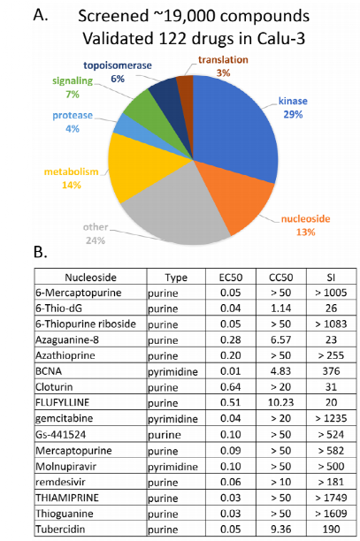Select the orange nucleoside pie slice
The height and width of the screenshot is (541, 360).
pyautogui.click(x=238, y=194)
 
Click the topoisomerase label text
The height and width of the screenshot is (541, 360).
pyautogui.click(x=118, y=65)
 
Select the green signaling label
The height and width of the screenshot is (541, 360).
pyautogui.click(x=73, y=80)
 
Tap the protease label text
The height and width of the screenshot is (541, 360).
pyautogui.click(x=73, y=115)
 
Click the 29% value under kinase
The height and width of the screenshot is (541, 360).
pyautogui.click(x=293, y=114)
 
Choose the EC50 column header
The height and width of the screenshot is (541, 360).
pyautogui.click(x=231, y=278)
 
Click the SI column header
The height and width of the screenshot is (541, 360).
pyautogui.click(x=331, y=278)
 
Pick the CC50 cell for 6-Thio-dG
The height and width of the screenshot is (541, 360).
pyautogui.click(x=280, y=309)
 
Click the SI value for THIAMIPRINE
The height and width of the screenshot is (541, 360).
pyautogui.click(x=331, y=498)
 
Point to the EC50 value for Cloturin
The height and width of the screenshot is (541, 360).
pyautogui.click(x=231, y=387)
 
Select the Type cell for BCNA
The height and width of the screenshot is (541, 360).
pyautogui.click(x=173, y=372)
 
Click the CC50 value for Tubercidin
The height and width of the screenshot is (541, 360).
pyautogui.click(x=280, y=529)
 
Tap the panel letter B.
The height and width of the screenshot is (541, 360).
pyautogui.click(x=41, y=252)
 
